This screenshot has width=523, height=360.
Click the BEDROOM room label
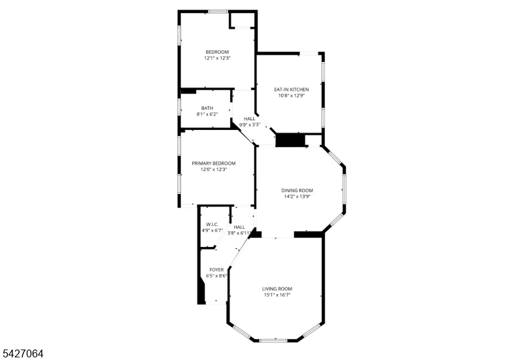point(217,52)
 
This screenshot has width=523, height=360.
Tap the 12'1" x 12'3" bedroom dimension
point(218,58)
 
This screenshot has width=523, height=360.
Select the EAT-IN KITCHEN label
point(292,90)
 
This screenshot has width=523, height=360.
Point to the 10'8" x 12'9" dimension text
point(292,95)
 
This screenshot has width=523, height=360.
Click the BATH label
point(207,108)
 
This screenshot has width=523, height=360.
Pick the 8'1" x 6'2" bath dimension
point(207,114)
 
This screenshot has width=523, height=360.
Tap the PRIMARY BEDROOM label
point(214,163)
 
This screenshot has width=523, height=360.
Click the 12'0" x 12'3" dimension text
point(214,169)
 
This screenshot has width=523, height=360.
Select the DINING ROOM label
point(297,191)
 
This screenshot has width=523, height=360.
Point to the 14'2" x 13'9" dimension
point(297,197)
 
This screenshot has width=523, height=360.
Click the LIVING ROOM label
point(277,289)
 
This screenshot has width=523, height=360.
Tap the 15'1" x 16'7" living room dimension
point(277,295)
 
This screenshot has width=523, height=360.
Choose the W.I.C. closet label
point(212,225)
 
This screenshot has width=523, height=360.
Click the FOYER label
point(216,270)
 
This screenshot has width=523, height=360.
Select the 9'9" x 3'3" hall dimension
point(250,125)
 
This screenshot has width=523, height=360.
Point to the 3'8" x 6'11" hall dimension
point(239,233)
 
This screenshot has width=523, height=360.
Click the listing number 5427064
point(23,353)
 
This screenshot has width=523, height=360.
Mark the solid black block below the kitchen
point(290,140)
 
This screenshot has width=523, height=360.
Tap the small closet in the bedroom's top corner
point(242,20)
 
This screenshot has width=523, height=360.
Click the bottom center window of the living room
point(273,340)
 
